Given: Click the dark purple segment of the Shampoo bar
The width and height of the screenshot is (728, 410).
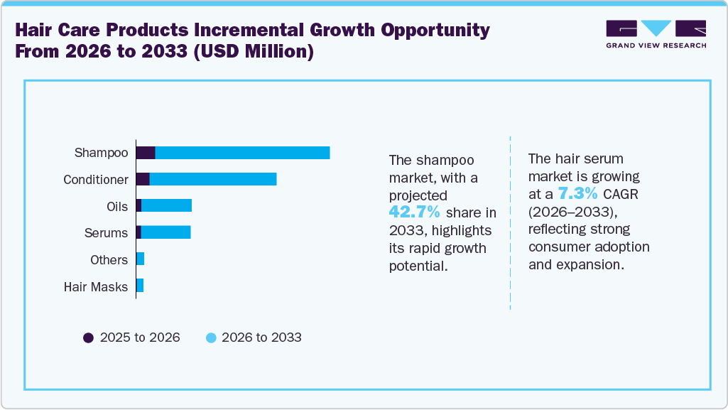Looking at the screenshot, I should click(x=146, y=153).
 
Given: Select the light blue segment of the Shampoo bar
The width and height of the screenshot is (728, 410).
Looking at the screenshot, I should click(x=242, y=153).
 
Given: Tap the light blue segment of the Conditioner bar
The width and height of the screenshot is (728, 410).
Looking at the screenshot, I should click(x=213, y=180).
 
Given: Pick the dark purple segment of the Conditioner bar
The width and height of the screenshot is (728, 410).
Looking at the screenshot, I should click(x=143, y=180).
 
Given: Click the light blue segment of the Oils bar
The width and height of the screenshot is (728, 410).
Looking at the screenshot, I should click(x=167, y=206).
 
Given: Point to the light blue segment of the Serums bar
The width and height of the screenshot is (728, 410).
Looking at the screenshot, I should click(x=166, y=232).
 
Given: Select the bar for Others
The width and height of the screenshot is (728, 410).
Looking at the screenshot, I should click(x=140, y=259).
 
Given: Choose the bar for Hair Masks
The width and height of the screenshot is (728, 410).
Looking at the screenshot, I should click(x=140, y=286).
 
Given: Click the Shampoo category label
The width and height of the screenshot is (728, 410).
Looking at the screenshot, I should click(x=102, y=153).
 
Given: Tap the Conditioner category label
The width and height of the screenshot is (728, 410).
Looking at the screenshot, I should click(x=96, y=180).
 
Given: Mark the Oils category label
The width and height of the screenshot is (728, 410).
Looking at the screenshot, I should click(x=117, y=206).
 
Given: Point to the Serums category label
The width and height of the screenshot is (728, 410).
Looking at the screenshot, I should click(x=107, y=233).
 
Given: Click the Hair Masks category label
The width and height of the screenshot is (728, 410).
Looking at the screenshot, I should click(x=96, y=287).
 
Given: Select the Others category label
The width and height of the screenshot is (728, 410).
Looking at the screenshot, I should click(x=109, y=260).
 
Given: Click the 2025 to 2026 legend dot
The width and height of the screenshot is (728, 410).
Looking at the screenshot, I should click(x=89, y=338).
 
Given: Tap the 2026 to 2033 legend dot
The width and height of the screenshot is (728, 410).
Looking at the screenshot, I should click(x=211, y=338).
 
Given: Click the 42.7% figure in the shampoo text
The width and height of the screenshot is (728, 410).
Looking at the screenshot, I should click(x=415, y=212).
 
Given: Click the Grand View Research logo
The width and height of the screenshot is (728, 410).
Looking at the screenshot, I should click(x=656, y=34).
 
